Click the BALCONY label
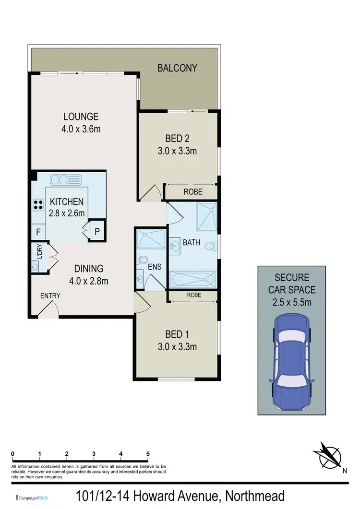177,68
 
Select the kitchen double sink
66,180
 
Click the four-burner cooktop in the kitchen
38,205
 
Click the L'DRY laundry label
37,253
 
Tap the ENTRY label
50,296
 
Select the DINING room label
88,269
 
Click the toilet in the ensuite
142,260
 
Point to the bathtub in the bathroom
193,280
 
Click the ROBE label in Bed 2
193,192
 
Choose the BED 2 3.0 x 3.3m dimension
178,151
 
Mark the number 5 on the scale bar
148,454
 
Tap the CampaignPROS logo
32,497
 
